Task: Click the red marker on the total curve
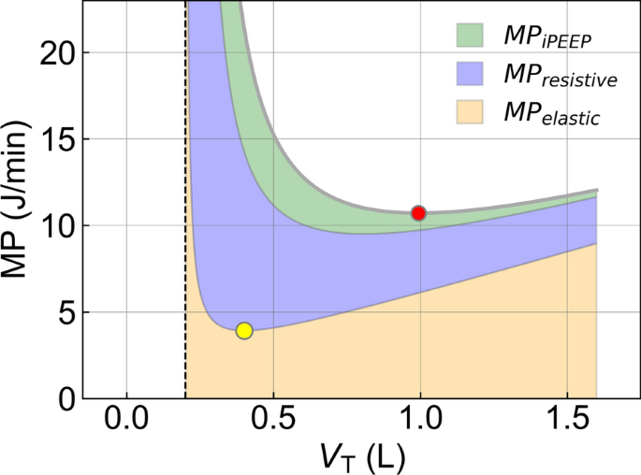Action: click(x=418, y=213)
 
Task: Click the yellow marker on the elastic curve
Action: click(x=244, y=330)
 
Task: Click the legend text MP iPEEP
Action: click(x=548, y=37)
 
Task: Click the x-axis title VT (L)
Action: click(x=361, y=456)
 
